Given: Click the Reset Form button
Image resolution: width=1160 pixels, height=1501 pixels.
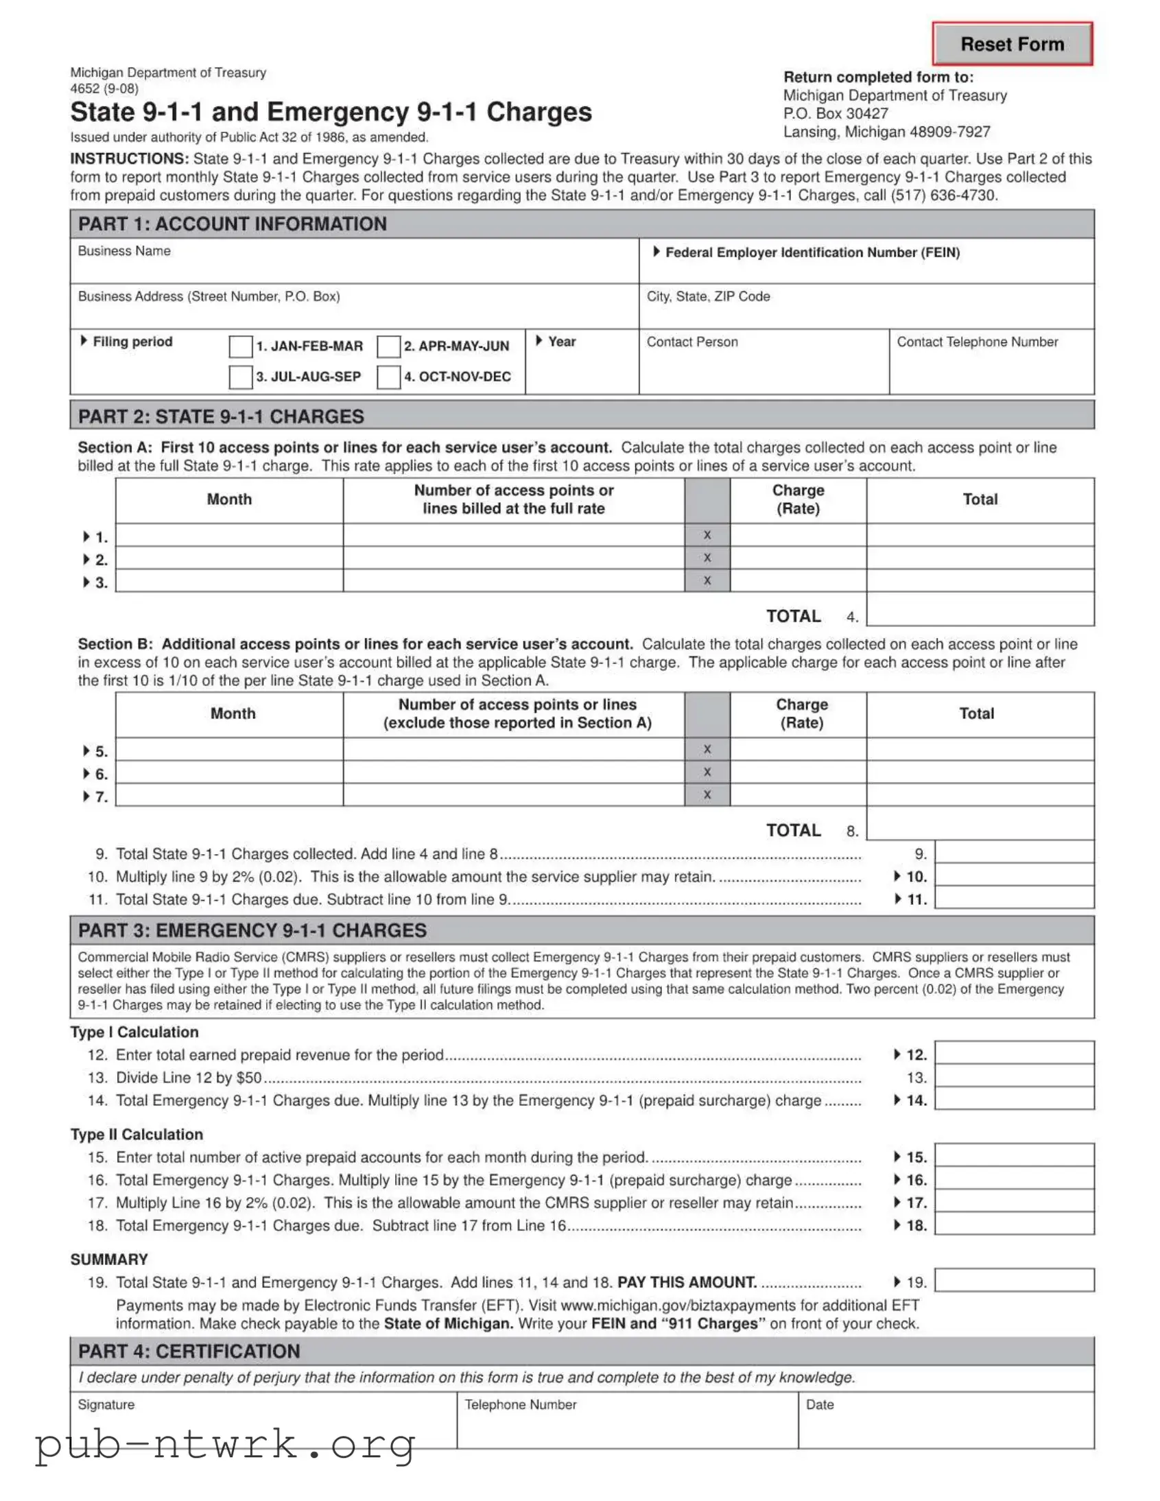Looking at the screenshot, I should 1012,44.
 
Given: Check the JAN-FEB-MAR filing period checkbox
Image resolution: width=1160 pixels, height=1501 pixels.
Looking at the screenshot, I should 241,346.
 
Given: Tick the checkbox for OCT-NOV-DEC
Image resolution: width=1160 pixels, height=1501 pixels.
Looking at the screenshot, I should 388,377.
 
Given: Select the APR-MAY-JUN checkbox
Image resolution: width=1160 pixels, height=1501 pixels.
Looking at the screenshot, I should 388,346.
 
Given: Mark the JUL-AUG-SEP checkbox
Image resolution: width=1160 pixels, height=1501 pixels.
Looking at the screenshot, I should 241,377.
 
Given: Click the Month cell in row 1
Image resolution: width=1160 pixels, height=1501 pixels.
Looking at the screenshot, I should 229,535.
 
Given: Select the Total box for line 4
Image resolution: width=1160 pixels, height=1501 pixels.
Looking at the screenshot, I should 980,609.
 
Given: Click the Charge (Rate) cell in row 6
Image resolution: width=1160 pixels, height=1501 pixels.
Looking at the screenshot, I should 797,772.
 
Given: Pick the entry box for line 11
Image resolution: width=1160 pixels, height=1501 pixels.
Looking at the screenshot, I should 1014,898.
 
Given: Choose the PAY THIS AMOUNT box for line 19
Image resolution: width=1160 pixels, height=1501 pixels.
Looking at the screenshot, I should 1014,1280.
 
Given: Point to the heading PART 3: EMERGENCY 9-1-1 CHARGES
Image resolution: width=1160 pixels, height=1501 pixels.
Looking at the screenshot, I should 252,930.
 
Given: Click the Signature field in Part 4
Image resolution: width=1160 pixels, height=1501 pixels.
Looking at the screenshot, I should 263,1426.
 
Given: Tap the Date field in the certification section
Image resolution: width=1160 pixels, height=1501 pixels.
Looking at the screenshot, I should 945,1426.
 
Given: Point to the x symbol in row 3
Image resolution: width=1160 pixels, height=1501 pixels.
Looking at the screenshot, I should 707,581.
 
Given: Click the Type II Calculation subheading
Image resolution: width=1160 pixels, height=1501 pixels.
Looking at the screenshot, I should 137,1134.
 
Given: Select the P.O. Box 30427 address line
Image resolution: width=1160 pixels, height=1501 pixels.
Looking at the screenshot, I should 835,113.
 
